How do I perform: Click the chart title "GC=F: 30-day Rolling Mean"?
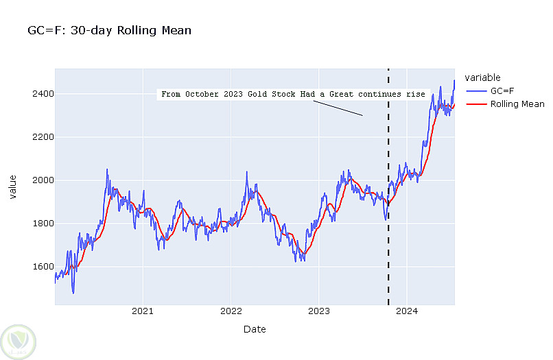coord(109,30)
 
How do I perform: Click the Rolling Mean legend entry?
coord(517,104)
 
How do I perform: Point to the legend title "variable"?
coord(482,77)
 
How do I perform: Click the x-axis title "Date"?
coord(255,329)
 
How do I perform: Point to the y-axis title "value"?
coord(13,187)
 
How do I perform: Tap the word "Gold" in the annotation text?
coord(257,94)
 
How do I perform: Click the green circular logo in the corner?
coord(18,339)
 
